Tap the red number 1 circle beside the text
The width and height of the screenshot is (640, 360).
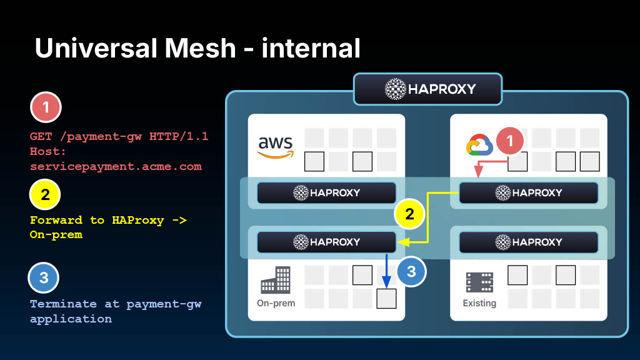(45, 108)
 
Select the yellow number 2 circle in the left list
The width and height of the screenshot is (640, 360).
(45, 194)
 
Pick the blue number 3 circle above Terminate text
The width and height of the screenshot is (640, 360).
(44, 278)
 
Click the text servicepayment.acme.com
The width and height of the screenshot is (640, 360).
(116, 166)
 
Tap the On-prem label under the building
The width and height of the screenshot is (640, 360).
(276, 303)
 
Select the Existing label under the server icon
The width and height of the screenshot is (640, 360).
(479, 303)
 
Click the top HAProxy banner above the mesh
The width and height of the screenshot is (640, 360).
(429, 89)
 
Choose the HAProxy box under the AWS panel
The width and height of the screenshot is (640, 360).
(327, 192)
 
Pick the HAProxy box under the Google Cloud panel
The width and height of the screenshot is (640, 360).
(529, 192)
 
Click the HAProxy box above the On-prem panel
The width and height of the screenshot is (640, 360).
(327, 241)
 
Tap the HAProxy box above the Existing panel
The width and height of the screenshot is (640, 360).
(529, 241)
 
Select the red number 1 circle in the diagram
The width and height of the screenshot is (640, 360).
(509, 141)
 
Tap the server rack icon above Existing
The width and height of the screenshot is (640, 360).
(479, 282)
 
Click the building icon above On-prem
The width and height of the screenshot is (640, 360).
(276, 280)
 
